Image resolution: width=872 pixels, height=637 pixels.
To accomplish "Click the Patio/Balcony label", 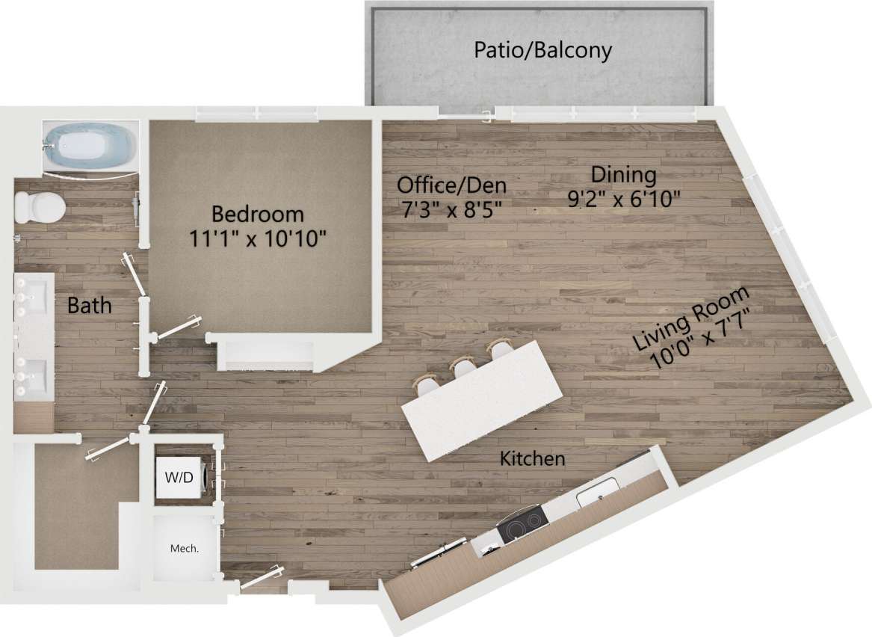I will pyautogui.click(x=542, y=50).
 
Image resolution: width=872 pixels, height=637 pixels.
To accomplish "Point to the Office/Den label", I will pyautogui.click(x=451, y=185).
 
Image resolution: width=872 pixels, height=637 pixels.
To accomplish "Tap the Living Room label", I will pyautogui.click(x=690, y=318).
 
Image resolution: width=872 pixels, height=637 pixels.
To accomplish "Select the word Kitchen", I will pyautogui.click(x=532, y=458).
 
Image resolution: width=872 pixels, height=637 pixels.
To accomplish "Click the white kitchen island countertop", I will pyautogui.click(x=482, y=400).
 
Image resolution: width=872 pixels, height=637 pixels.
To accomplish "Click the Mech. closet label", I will pyautogui.click(x=185, y=548).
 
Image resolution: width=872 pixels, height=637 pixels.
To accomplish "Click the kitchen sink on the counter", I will pyautogui.click(x=599, y=491).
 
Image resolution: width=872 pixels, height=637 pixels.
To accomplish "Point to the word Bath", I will pyautogui.click(x=90, y=305).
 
